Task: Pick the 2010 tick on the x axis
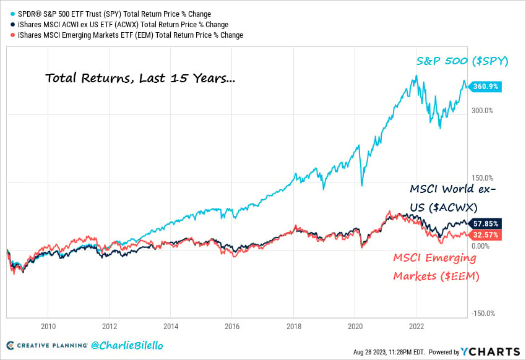(x=48, y=326)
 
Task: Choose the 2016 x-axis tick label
(x=232, y=326)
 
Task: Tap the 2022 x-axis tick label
(x=416, y=326)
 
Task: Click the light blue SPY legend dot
(x=11, y=14)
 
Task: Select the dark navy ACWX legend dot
(x=11, y=24)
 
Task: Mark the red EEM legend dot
(x=11, y=35)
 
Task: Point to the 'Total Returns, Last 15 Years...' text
(x=140, y=79)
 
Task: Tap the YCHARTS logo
(x=489, y=351)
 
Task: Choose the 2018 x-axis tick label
(x=293, y=326)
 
